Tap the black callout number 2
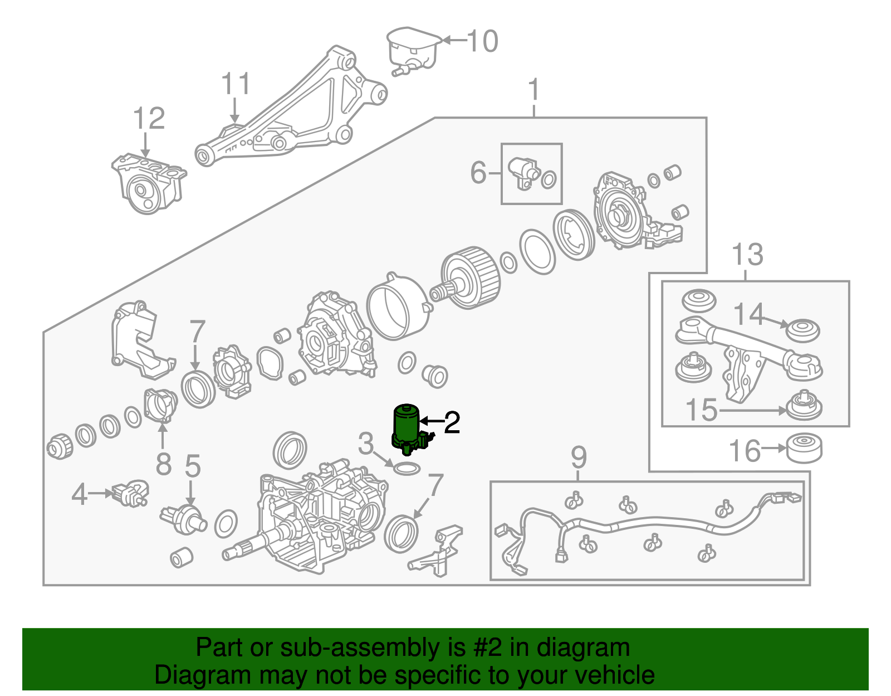pos(452,423)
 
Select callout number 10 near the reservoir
pos(482,41)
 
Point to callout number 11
pos(236,85)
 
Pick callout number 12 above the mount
pos(149,119)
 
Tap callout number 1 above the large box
pos(533,90)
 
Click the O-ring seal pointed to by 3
pos(407,469)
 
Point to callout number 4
pos(79,494)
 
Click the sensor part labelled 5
pos(184,518)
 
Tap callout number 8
pos(163,464)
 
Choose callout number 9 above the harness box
pos(579,457)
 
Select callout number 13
pos(747,255)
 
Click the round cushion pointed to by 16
pos(804,447)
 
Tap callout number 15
pos(701,411)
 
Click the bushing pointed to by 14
pos(802,330)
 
